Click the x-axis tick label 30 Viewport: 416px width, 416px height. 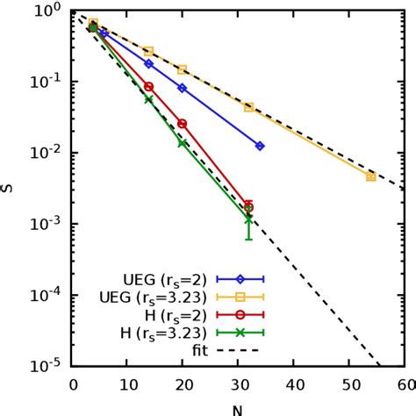point(238,385)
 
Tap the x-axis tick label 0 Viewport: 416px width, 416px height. point(73,385)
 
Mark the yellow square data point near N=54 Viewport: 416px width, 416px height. point(370,176)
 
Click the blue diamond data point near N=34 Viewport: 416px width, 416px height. point(260,146)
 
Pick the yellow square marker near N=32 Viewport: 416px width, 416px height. point(249,107)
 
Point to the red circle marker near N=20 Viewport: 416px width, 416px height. point(183,123)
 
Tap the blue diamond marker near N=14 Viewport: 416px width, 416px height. point(148,64)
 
